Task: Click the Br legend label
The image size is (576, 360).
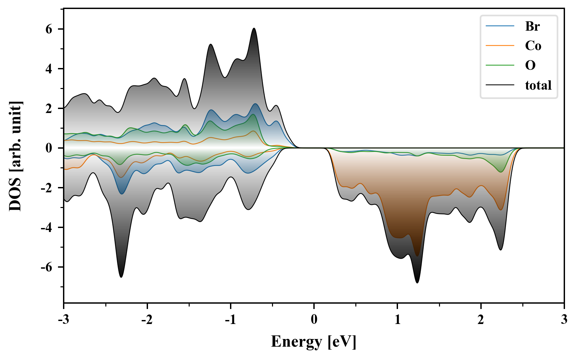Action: click(x=532, y=26)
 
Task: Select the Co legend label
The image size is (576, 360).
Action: click(x=533, y=46)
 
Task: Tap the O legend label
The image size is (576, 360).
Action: click(x=530, y=65)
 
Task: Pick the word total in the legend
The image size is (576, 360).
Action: click(x=538, y=85)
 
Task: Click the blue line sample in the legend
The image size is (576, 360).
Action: click(x=500, y=26)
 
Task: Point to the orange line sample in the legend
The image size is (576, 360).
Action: click(x=500, y=45)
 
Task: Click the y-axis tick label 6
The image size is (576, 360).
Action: click(x=49, y=29)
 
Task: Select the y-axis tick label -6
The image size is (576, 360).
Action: click(x=47, y=267)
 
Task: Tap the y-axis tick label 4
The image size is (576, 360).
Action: click(x=49, y=69)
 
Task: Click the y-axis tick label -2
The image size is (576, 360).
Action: click(x=47, y=188)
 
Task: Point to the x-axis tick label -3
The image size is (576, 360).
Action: click(x=64, y=320)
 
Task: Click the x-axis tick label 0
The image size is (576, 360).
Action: click(x=314, y=320)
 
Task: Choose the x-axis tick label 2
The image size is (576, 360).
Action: click(x=481, y=320)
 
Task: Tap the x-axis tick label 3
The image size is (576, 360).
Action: click(x=564, y=320)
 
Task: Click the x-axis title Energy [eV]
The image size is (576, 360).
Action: click(x=314, y=342)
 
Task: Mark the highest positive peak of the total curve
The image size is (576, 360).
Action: click(x=254, y=28)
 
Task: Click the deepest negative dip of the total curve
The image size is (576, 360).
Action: click(x=417, y=283)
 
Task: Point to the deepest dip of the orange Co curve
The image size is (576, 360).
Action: click(x=417, y=256)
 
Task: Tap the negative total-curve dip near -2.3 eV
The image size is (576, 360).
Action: click(x=121, y=277)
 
